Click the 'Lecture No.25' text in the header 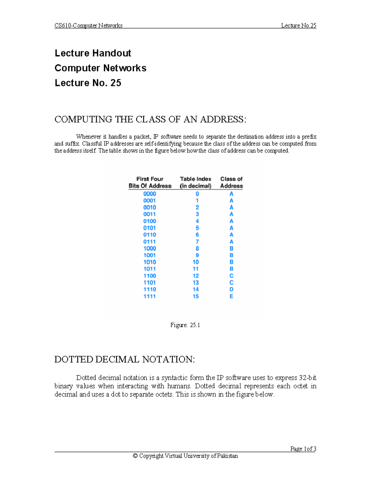[298, 26]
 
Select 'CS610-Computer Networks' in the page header [88, 26]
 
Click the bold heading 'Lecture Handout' [93, 53]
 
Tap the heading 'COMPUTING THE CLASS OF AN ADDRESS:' [150, 120]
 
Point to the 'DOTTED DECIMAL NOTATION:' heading [125, 360]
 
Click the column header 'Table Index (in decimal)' [195, 182]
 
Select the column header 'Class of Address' [231, 182]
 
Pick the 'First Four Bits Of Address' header [150, 182]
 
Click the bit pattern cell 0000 [150, 194]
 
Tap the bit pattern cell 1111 [150, 296]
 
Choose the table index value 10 [196, 262]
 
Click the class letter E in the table [231, 296]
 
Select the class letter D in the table [231, 290]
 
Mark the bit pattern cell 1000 [150, 248]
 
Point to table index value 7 [197, 242]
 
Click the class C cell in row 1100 [231, 276]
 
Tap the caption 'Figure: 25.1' [185, 325]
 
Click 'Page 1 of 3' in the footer [303, 449]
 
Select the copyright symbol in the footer [135, 456]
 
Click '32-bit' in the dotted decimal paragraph [307, 378]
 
